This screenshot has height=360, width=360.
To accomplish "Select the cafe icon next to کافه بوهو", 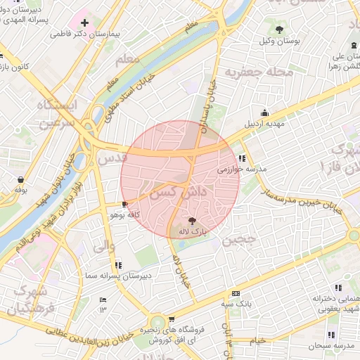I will [x=124, y=205].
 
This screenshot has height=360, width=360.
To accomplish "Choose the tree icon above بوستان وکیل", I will [x=280, y=29].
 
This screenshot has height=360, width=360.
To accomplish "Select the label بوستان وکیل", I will [x=281, y=41].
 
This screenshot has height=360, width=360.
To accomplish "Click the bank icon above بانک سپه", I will [x=235, y=293].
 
